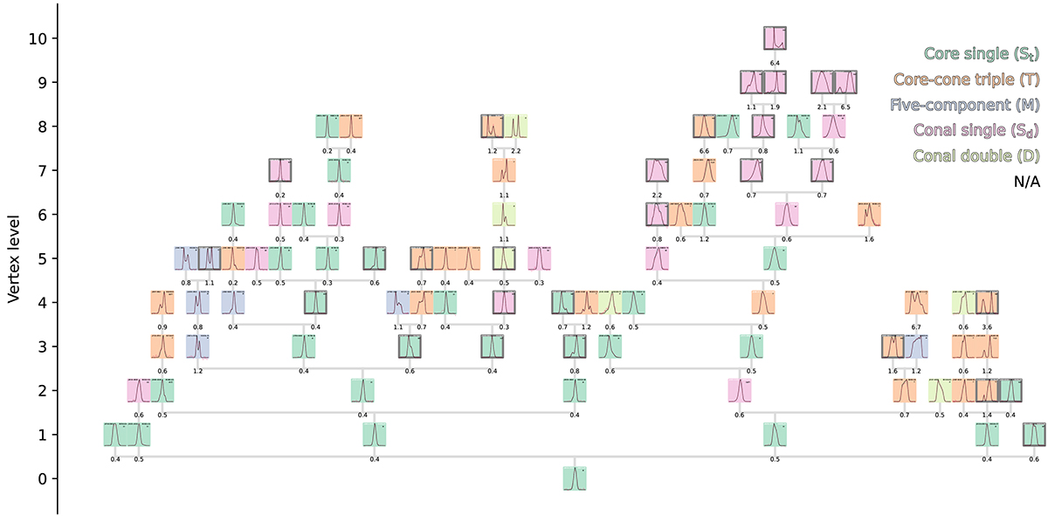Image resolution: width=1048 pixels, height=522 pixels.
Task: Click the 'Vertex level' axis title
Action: (x=14, y=258)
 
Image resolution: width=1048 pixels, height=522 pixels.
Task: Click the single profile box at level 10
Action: (x=775, y=38)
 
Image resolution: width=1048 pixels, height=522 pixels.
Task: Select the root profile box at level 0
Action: (x=575, y=478)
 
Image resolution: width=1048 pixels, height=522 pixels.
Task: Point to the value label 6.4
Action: (x=775, y=63)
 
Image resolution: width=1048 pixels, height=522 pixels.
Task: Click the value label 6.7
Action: (x=916, y=326)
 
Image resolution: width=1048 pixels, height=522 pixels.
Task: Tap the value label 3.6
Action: (x=987, y=326)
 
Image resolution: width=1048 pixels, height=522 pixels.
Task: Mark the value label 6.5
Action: (x=845, y=106)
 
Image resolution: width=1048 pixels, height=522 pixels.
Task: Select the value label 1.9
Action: (x=775, y=106)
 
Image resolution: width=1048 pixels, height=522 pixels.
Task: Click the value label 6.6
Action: (x=704, y=151)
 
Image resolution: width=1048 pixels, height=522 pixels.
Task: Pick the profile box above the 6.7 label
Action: (x=916, y=302)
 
